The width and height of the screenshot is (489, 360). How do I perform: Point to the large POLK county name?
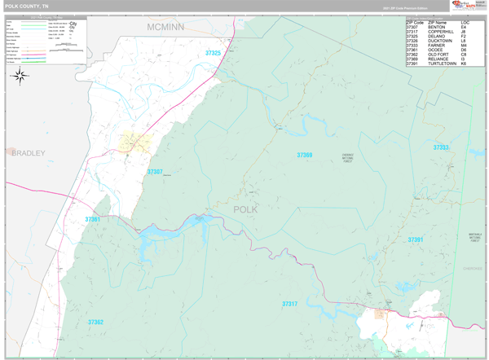pos(245,209)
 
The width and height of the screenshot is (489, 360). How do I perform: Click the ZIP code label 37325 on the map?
pos(214,53)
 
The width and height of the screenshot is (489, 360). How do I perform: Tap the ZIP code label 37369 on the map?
pos(304,155)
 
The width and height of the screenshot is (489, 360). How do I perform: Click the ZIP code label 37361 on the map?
pos(92,219)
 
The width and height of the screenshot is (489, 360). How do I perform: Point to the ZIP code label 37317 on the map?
pos(290,304)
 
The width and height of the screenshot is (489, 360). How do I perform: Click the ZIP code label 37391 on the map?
pos(416,239)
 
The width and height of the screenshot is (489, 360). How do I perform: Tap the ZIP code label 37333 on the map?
pos(440,147)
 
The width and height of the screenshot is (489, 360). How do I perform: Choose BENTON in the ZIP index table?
pos(436,27)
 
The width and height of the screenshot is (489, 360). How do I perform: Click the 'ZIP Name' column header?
pos(437,22)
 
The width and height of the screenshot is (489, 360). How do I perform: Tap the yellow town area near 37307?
pos(134,143)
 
